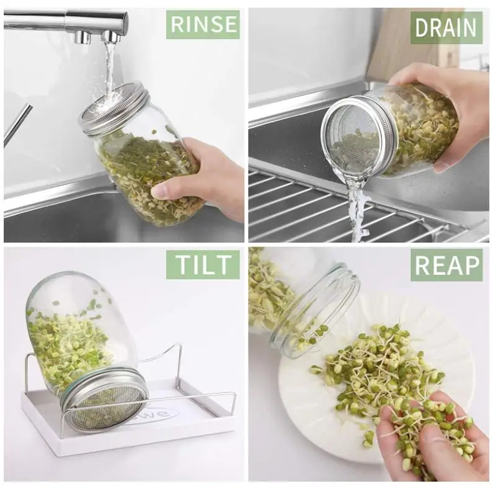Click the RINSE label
203,24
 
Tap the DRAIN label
446,28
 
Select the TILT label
203,264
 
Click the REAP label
446,265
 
